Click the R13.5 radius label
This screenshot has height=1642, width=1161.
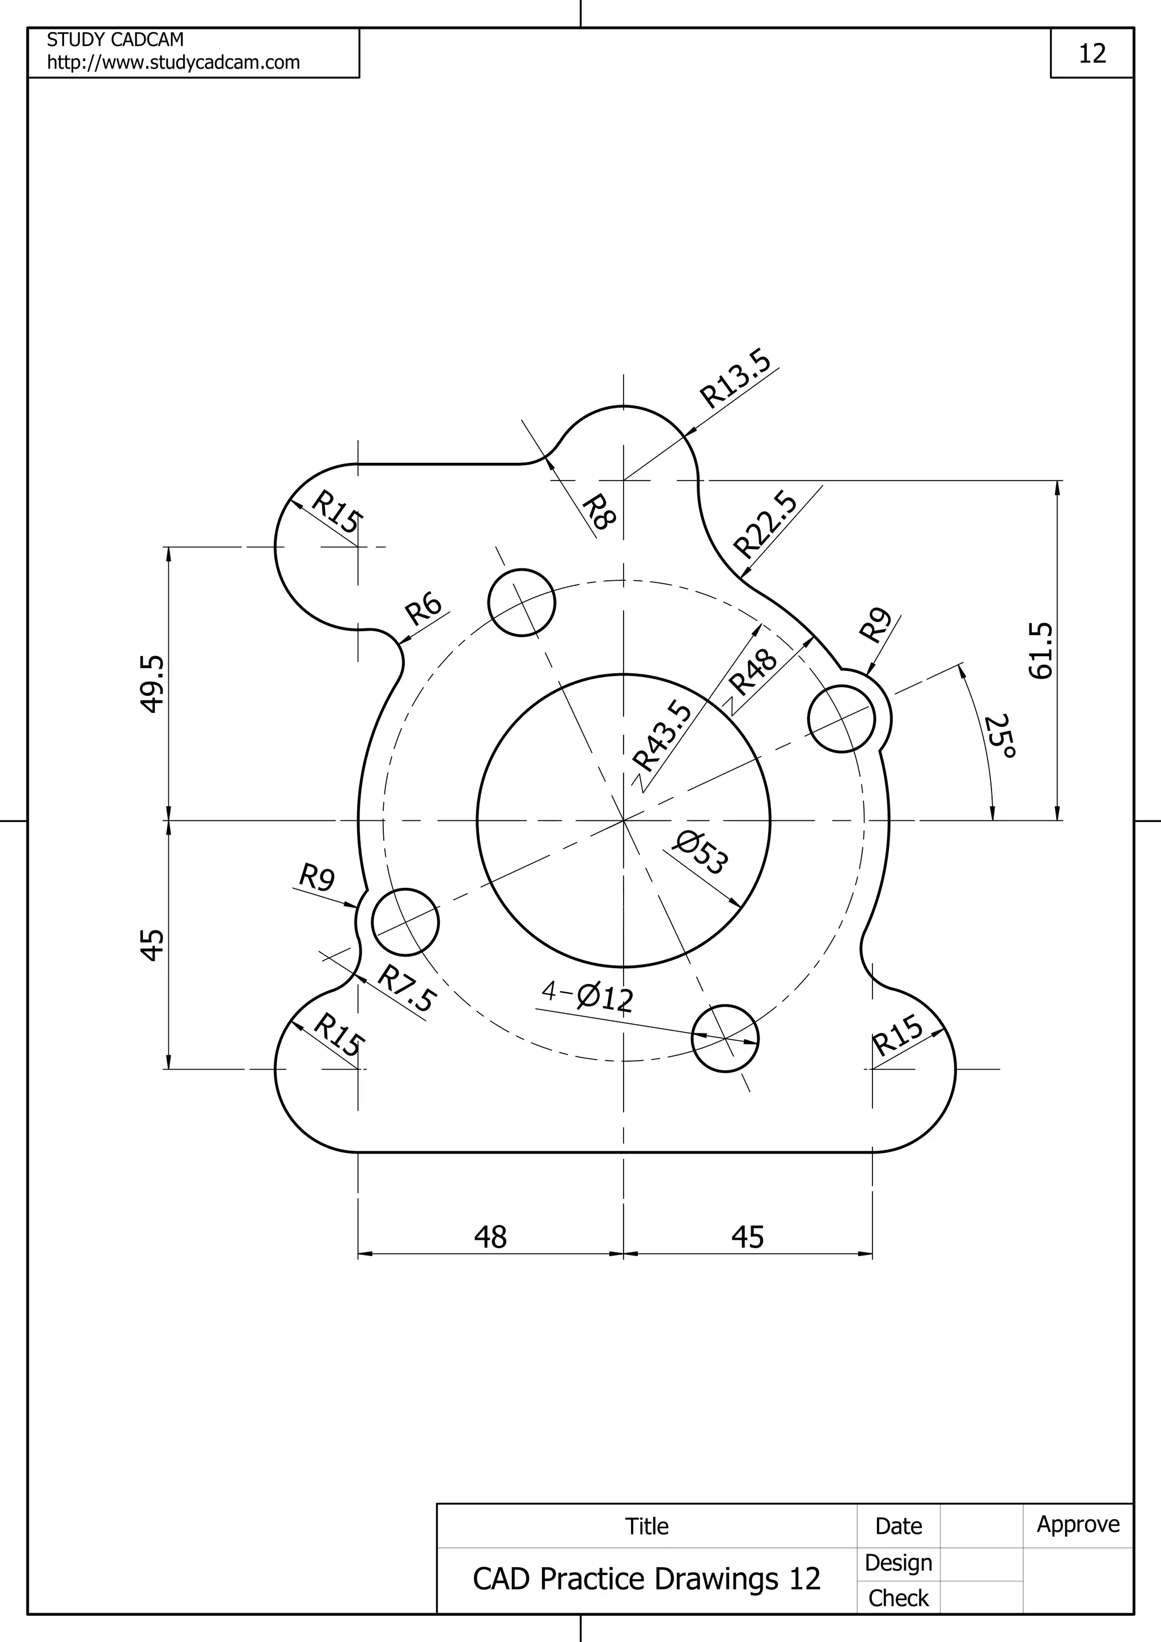(x=735, y=378)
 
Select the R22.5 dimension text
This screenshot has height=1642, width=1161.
(x=766, y=524)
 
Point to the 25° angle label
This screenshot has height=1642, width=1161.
(x=1000, y=736)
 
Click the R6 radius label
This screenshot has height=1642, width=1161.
(x=423, y=609)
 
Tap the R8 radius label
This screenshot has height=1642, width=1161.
(x=598, y=512)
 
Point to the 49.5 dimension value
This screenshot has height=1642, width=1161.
(x=152, y=684)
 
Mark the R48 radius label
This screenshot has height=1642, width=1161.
(x=752, y=672)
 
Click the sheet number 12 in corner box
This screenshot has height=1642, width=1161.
(x=1092, y=54)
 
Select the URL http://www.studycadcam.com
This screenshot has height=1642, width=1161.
(x=173, y=63)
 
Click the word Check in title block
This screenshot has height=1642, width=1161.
(x=898, y=1598)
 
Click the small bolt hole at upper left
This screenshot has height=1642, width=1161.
(x=522, y=602)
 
